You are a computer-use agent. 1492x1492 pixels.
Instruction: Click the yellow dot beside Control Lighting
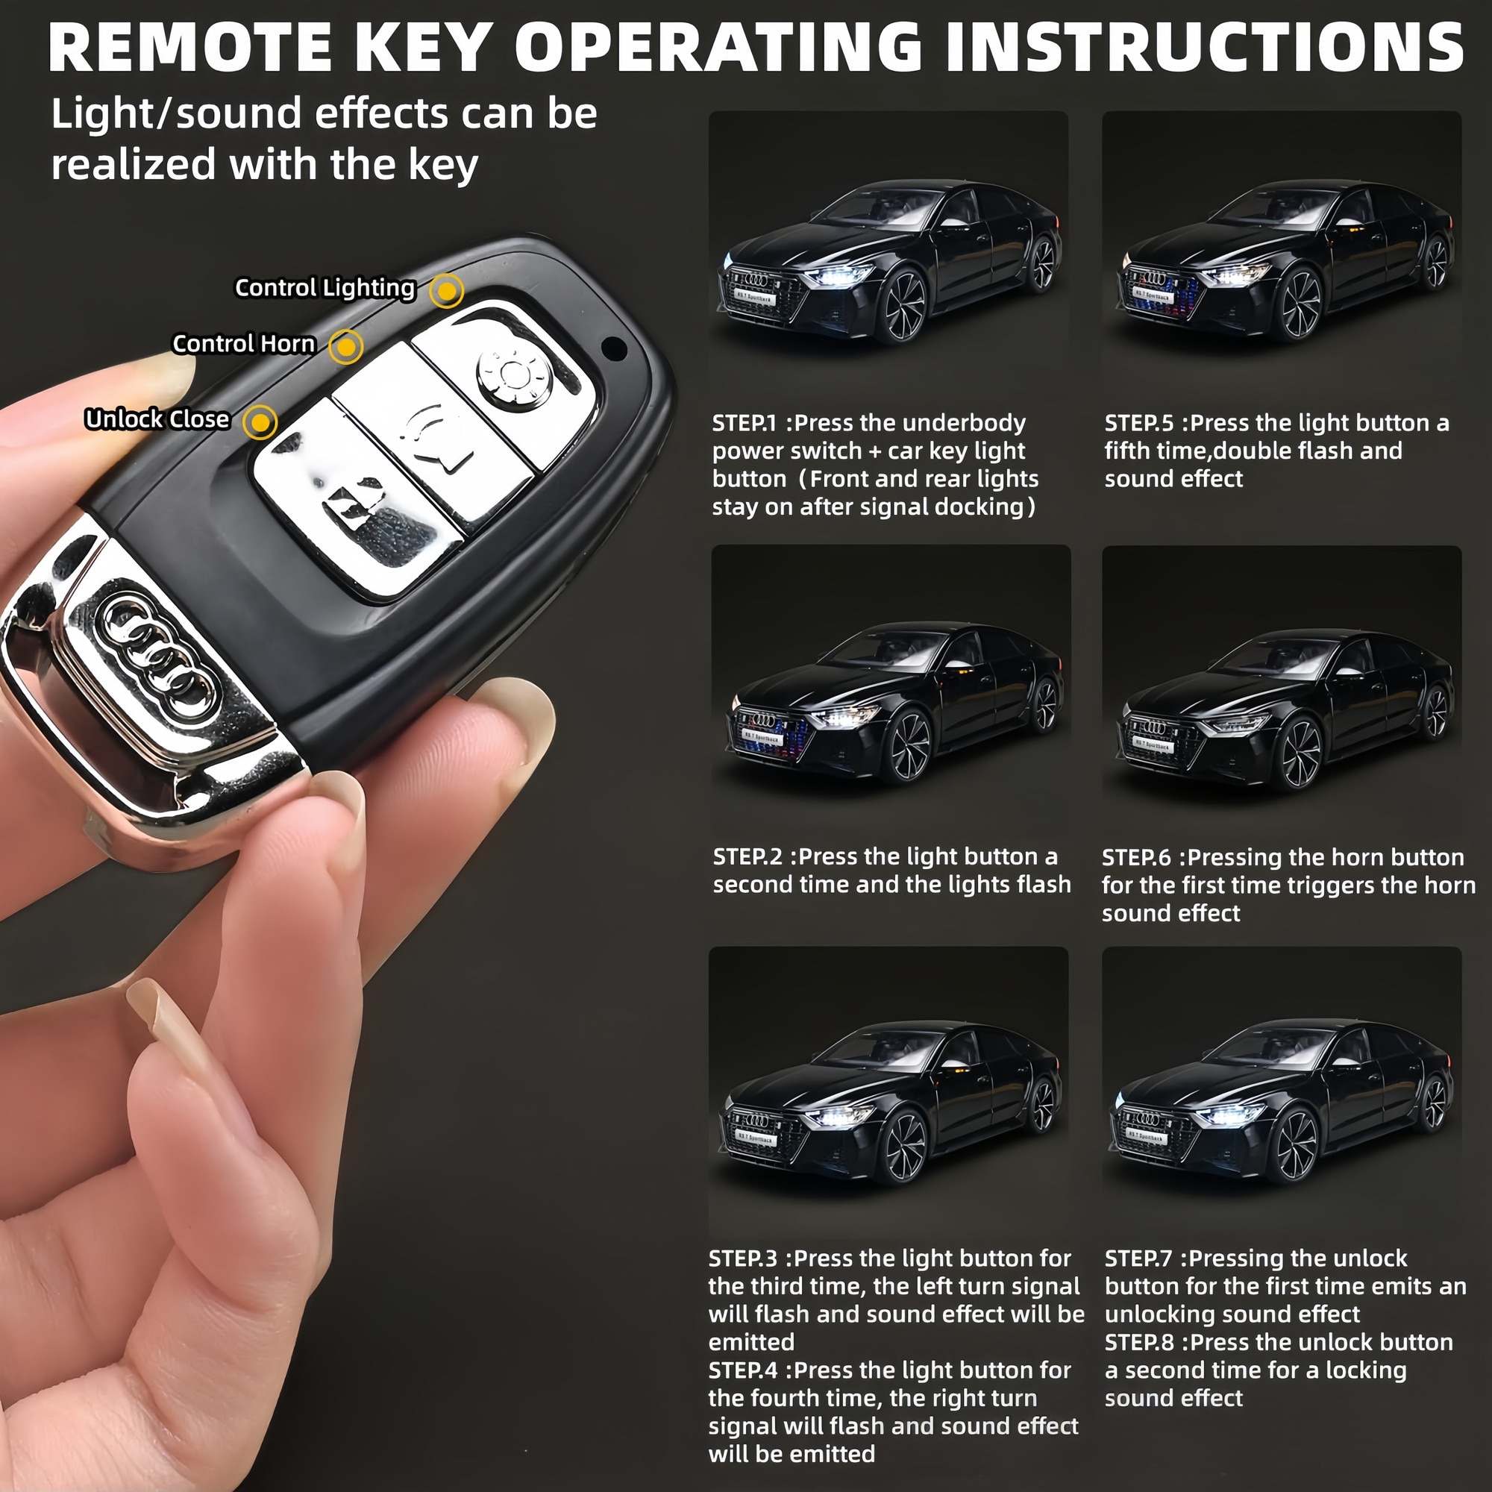[446, 291]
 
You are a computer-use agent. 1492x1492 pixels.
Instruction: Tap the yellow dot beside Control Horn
[345, 347]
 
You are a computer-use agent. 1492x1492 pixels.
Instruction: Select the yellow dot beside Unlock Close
[260, 422]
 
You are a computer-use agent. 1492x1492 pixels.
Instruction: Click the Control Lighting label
[325, 288]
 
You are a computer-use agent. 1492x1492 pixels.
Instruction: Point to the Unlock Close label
[157, 419]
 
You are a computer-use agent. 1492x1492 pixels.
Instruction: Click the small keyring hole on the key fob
[614, 348]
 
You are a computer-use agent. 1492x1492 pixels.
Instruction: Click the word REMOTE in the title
[190, 48]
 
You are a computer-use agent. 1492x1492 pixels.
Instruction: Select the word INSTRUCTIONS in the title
[1204, 48]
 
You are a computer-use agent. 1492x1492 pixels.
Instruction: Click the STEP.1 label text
[745, 423]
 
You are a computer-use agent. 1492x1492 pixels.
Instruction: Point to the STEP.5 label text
[1139, 423]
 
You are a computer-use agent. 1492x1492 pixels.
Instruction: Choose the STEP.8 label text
[1139, 1342]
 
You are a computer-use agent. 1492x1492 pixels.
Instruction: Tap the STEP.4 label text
[743, 1370]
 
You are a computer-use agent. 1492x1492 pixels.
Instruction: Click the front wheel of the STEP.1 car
[904, 305]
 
